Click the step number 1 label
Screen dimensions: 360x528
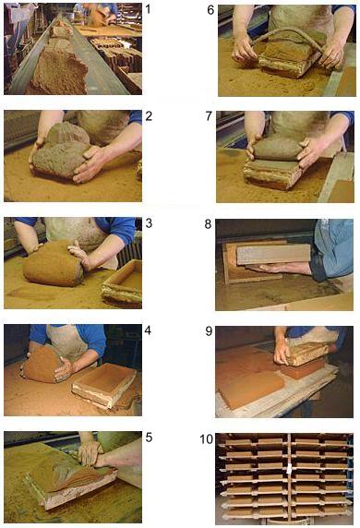[149, 9]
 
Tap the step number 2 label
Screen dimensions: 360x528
[149, 116]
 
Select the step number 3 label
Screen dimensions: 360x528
[149, 223]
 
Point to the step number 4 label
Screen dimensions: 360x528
[148, 330]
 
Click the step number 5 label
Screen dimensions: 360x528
[149, 438]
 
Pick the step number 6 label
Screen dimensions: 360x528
[210, 10]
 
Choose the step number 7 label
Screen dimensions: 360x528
[209, 116]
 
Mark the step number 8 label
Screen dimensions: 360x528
[208, 224]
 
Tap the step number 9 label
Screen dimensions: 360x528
[209, 331]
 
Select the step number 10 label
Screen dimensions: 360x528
[207, 439]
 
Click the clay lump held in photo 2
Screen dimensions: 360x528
[62, 151]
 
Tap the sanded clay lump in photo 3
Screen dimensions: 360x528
[54, 263]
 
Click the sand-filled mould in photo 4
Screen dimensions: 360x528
[104, 384]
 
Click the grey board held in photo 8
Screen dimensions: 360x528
[273, 255]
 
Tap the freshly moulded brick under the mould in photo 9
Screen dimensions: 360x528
[303, 368]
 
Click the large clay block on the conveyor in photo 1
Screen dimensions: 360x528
[60, 72]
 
